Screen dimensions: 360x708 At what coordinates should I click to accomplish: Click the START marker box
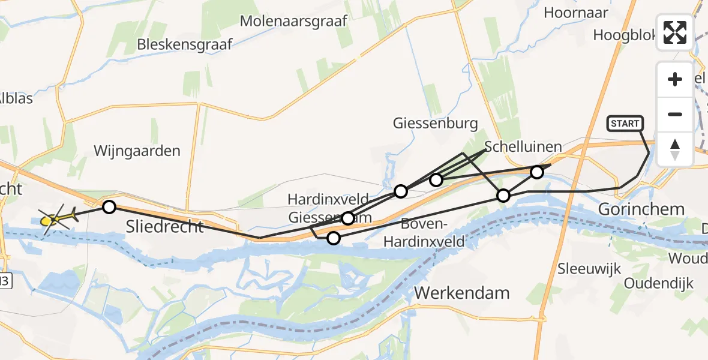625,124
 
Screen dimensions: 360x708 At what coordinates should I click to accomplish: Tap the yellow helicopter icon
56,219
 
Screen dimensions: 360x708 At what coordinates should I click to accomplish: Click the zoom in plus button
675,79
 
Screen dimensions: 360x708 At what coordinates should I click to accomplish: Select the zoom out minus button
675,114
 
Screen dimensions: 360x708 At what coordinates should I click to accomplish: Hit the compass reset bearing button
675,149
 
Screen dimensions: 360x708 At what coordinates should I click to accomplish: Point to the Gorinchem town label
641,209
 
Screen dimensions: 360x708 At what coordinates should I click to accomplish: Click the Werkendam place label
462,293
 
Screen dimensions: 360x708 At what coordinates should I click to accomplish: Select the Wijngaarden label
137,150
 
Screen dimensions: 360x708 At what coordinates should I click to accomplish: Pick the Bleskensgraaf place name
184,44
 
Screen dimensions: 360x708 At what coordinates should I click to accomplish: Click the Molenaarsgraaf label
293,21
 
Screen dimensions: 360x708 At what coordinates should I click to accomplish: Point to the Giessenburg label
435,124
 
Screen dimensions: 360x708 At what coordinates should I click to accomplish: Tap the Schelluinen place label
523,146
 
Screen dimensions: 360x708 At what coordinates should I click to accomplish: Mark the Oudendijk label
659,283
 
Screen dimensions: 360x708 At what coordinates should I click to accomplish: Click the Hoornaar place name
576,13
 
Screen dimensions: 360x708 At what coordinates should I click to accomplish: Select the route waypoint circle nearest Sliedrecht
109,207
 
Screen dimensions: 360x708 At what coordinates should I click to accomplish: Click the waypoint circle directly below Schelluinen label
536,173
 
